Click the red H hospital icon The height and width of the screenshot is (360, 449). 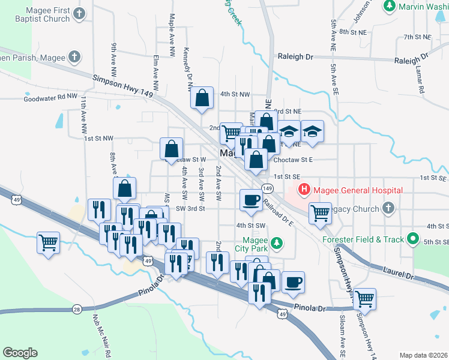304,190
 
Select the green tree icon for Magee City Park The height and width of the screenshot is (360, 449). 276,243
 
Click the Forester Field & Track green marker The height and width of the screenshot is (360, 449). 412,239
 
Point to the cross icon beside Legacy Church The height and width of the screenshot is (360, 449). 388,209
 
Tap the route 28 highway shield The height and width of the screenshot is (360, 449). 77,309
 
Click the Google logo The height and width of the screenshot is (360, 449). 20,353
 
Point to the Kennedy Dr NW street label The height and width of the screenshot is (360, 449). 188,67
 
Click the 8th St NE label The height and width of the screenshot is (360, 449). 352,31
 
